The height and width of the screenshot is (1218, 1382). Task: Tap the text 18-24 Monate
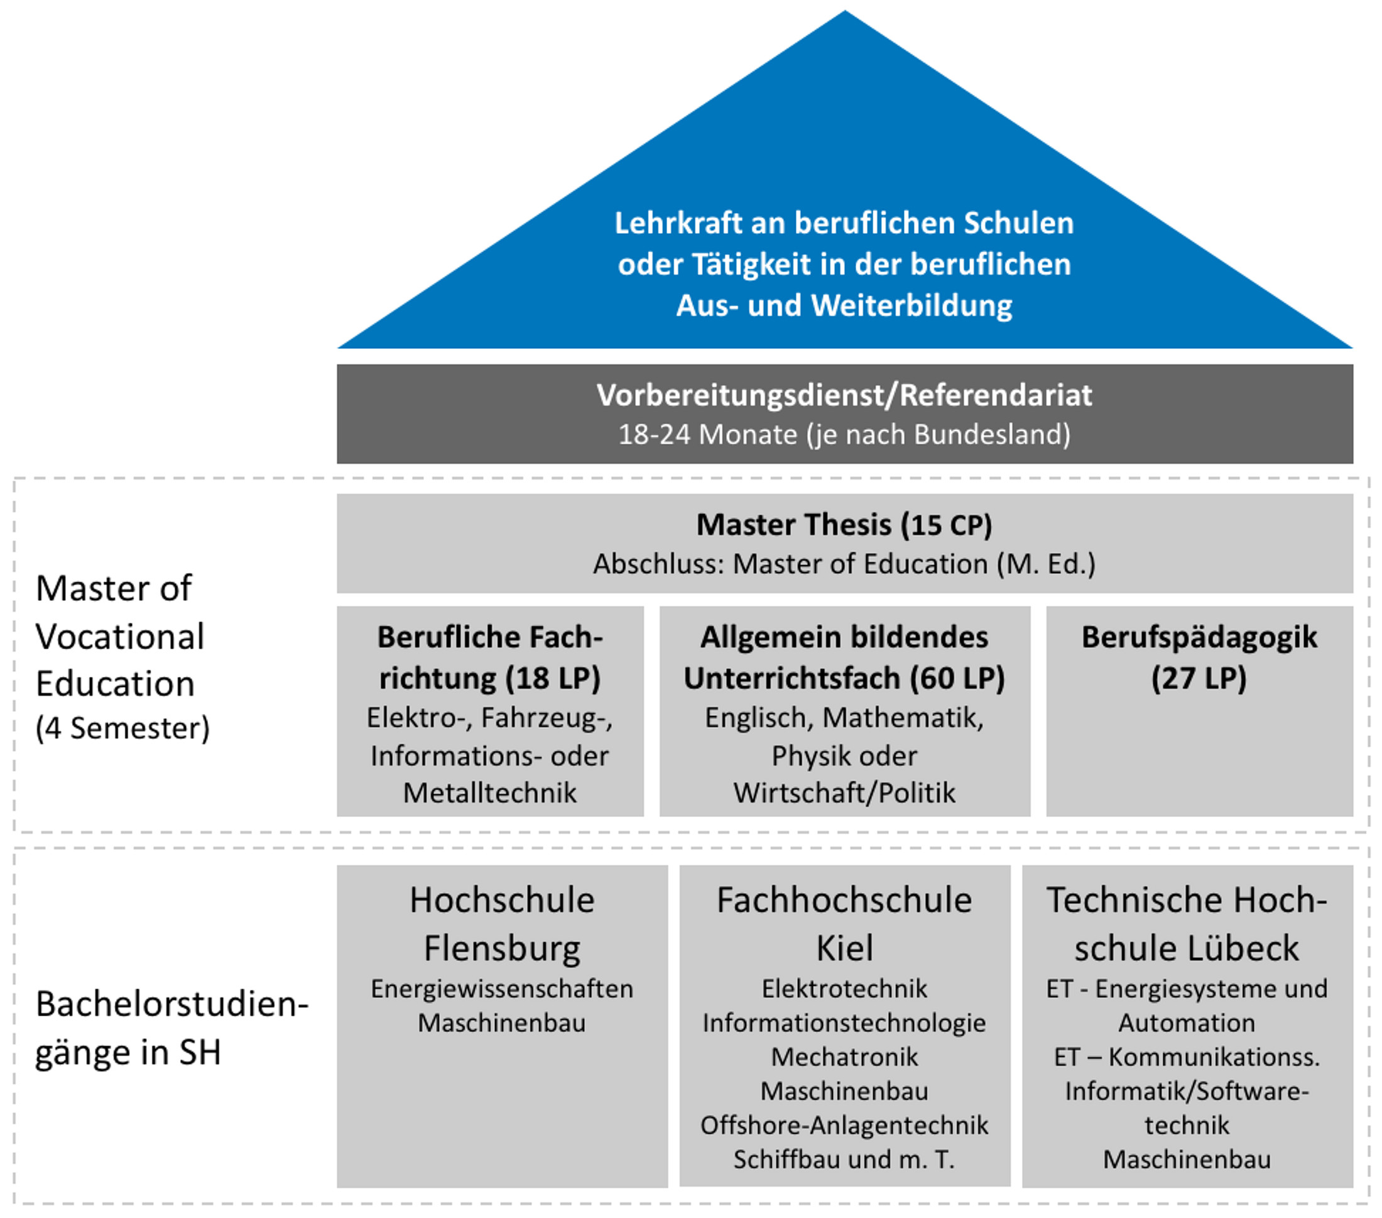(707, 435)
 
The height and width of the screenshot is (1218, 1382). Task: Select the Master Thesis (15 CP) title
(844, 525)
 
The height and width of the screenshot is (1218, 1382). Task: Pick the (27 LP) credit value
(1199, 678)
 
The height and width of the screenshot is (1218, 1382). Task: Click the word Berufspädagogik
(1199, 637)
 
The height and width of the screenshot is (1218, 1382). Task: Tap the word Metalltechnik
(489, 793)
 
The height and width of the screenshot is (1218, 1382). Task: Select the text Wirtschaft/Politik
(844, 793)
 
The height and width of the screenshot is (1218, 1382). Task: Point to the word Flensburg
(502, 948)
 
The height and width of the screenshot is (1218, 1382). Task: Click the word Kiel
(844, 948)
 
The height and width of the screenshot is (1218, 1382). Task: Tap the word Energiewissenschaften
(502, 989)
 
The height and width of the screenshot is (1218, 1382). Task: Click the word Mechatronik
(844, 1056)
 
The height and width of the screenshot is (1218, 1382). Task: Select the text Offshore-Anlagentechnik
(844, 1126)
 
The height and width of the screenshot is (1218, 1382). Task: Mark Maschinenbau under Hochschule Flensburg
(502, 1023)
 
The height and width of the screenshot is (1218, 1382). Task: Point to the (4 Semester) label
(122, 728)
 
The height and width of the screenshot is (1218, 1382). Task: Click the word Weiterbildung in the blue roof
(911, 305)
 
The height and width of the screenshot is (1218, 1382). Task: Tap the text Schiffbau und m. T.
(844, 1159)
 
